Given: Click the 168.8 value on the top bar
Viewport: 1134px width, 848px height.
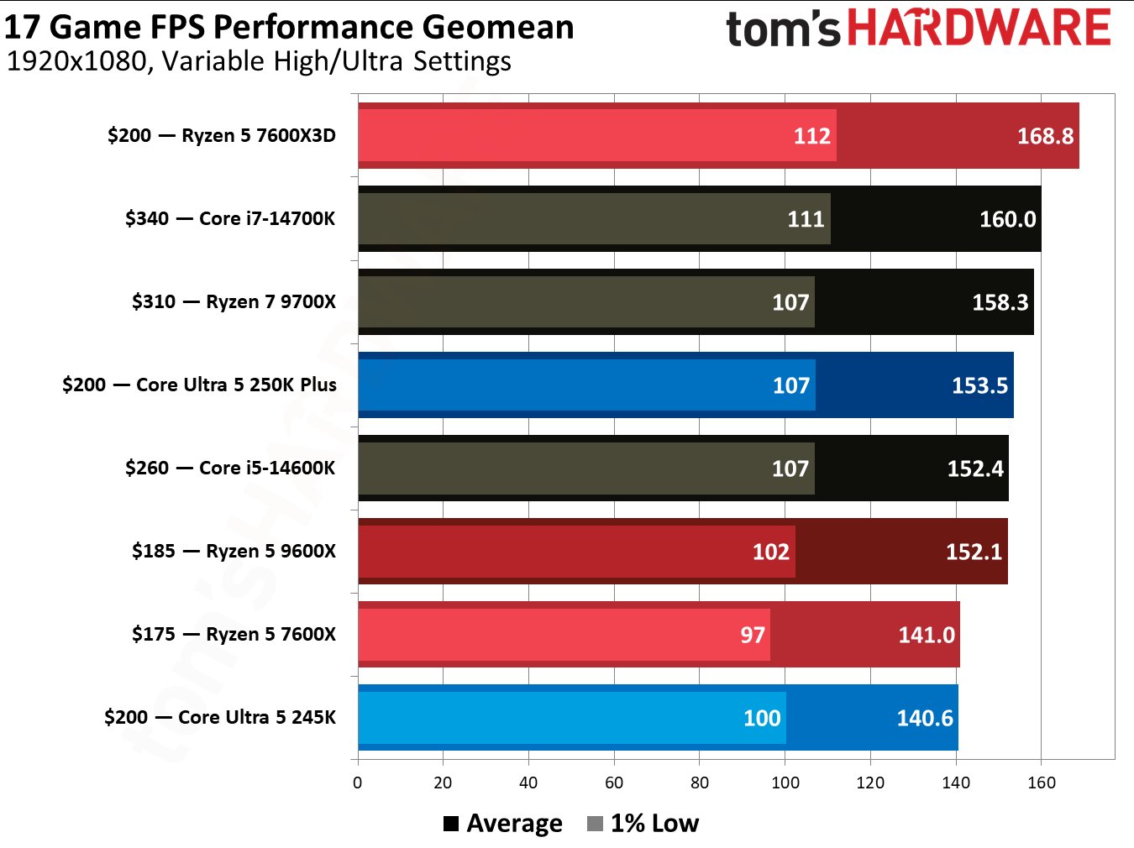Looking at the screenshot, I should click(1045, 136).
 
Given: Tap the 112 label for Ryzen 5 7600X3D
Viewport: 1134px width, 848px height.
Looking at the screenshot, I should click(811, 136).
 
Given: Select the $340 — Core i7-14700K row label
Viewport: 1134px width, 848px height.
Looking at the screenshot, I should click(230, 218).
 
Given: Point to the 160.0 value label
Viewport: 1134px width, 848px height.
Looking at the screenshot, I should click(1007, 219).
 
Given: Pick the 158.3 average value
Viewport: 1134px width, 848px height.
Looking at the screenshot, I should click(1000, 302).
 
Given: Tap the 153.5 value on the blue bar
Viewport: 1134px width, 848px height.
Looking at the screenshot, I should click(979, 385).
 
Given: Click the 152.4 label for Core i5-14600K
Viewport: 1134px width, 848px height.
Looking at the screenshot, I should click(974, 468).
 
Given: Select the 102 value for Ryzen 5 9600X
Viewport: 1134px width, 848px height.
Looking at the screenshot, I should click(770, 552).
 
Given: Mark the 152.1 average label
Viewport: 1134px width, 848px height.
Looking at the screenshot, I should click(974, 552).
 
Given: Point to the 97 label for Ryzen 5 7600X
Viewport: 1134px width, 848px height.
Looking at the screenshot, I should click(752, 635).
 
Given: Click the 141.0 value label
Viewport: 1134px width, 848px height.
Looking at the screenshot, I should click(926, 635).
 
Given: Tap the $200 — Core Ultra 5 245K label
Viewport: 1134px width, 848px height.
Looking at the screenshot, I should click(220, 717).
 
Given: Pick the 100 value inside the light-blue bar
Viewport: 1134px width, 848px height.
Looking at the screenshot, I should click(762, 718).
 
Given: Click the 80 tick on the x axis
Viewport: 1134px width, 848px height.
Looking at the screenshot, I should click(699, 783).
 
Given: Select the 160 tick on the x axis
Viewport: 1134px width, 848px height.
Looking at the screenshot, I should click(1041, 783).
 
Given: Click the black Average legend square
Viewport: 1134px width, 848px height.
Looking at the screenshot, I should click(451, 824).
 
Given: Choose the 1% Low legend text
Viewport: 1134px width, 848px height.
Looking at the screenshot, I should click(654, 824).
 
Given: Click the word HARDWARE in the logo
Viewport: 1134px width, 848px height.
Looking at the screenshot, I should click(979, 28).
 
